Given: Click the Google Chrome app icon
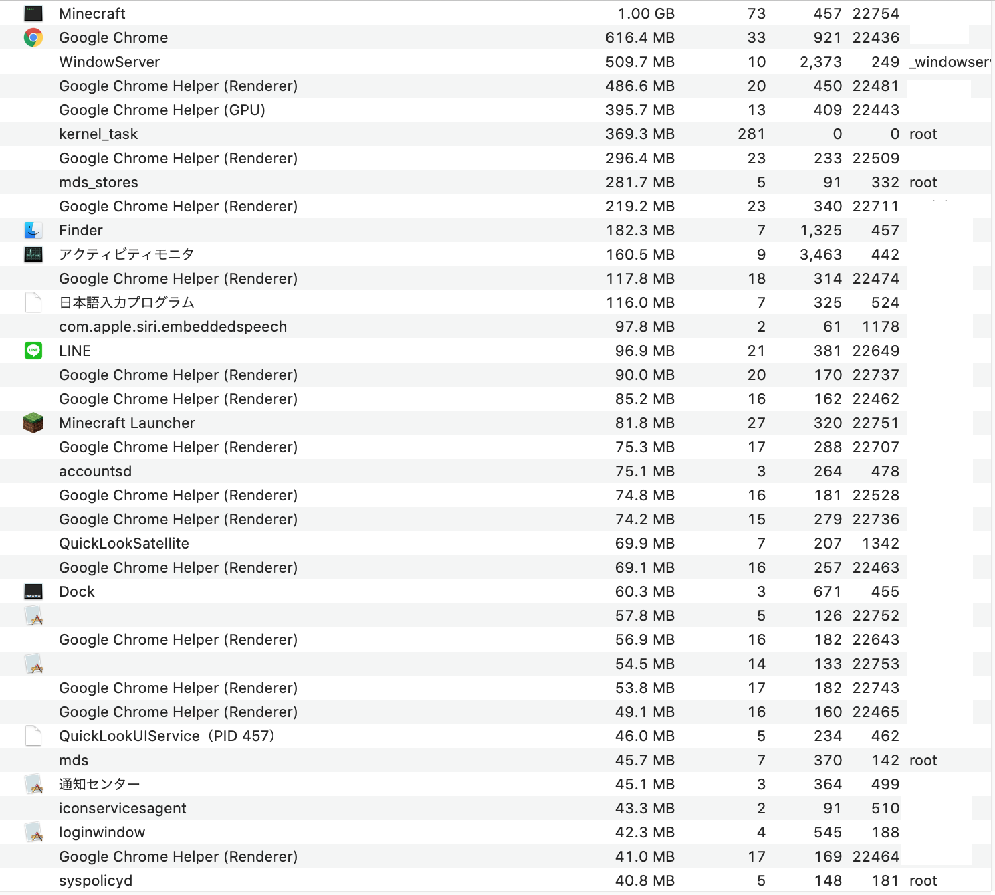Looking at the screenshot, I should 33,37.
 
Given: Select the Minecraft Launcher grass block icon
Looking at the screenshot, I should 33,423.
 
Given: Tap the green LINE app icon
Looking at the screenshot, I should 33,351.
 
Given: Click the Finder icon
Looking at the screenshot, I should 33,230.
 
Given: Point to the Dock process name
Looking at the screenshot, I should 77,591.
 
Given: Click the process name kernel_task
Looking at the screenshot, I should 98,134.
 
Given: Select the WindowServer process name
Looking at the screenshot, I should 110,62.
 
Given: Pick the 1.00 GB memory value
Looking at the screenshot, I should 646,13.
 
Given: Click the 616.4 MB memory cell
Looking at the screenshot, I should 640,37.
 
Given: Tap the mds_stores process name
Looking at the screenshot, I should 98,182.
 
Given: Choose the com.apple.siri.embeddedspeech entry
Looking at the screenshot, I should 173,326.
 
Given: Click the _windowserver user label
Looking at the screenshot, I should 950,62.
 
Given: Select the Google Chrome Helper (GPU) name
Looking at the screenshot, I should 162,110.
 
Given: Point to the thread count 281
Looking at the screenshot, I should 752,134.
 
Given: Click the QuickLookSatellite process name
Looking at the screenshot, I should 124,543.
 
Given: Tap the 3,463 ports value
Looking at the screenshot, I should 820,254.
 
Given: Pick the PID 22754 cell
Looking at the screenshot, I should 876,13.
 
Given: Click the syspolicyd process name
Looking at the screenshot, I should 96,880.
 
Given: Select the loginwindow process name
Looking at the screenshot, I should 102,832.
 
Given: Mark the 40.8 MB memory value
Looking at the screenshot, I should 645,880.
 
